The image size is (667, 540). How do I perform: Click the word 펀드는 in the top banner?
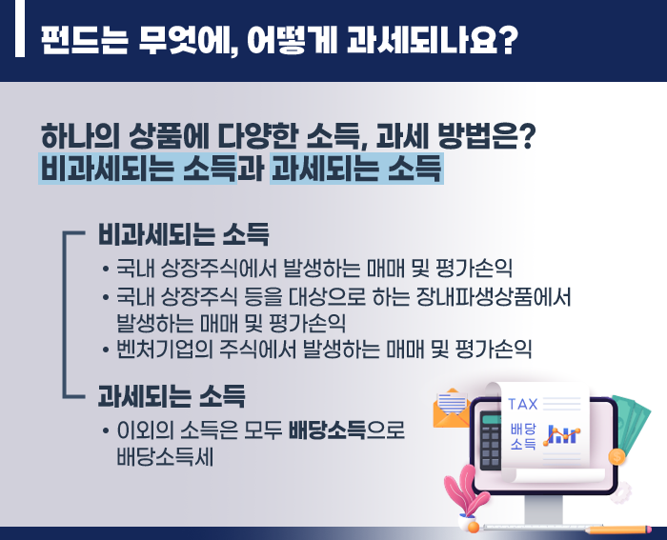click(84, 40)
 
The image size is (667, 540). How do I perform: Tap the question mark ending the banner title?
click(508, 40)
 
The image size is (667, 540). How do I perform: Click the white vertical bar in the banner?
click(20, 28)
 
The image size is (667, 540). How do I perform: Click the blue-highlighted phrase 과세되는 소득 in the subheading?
click(356, 169)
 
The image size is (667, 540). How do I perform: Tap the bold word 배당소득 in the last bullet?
click(327, 430)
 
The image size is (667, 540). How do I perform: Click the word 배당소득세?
click(165, 457)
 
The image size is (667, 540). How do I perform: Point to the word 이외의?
click(146, 430)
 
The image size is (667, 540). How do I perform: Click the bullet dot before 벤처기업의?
click(106, 350)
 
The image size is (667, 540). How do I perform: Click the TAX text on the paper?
click(523, 405)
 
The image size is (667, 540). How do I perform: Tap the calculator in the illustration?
click(491, 440)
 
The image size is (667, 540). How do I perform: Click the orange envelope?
click(452, 409)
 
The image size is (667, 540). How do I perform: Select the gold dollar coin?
click(616, 456)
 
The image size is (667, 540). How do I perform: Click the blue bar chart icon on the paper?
click(561, 434)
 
